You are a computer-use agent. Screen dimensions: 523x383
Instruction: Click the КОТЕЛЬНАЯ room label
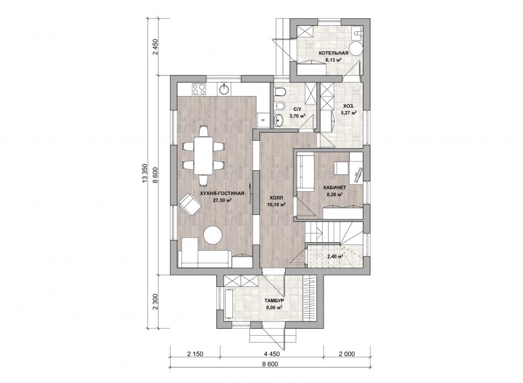(333, 53)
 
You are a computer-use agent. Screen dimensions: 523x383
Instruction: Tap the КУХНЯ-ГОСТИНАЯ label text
(222, 193)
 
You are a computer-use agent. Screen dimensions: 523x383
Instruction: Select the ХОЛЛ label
(276, 198)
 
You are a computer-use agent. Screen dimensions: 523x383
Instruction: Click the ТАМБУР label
(274, 301)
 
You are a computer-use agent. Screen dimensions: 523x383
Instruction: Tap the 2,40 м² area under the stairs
(335, 257)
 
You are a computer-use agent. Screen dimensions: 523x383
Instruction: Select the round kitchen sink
(224, 89)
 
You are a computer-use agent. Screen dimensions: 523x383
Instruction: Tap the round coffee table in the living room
(213, 236)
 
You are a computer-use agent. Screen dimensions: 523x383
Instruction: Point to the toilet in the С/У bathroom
(280, 92)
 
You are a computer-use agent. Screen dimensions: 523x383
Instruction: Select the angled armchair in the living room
(190, 204)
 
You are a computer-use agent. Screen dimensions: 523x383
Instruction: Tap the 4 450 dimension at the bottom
(272, 354)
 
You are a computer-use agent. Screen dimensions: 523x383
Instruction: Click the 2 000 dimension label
(347, 354)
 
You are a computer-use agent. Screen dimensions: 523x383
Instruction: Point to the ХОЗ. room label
(348, 107)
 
